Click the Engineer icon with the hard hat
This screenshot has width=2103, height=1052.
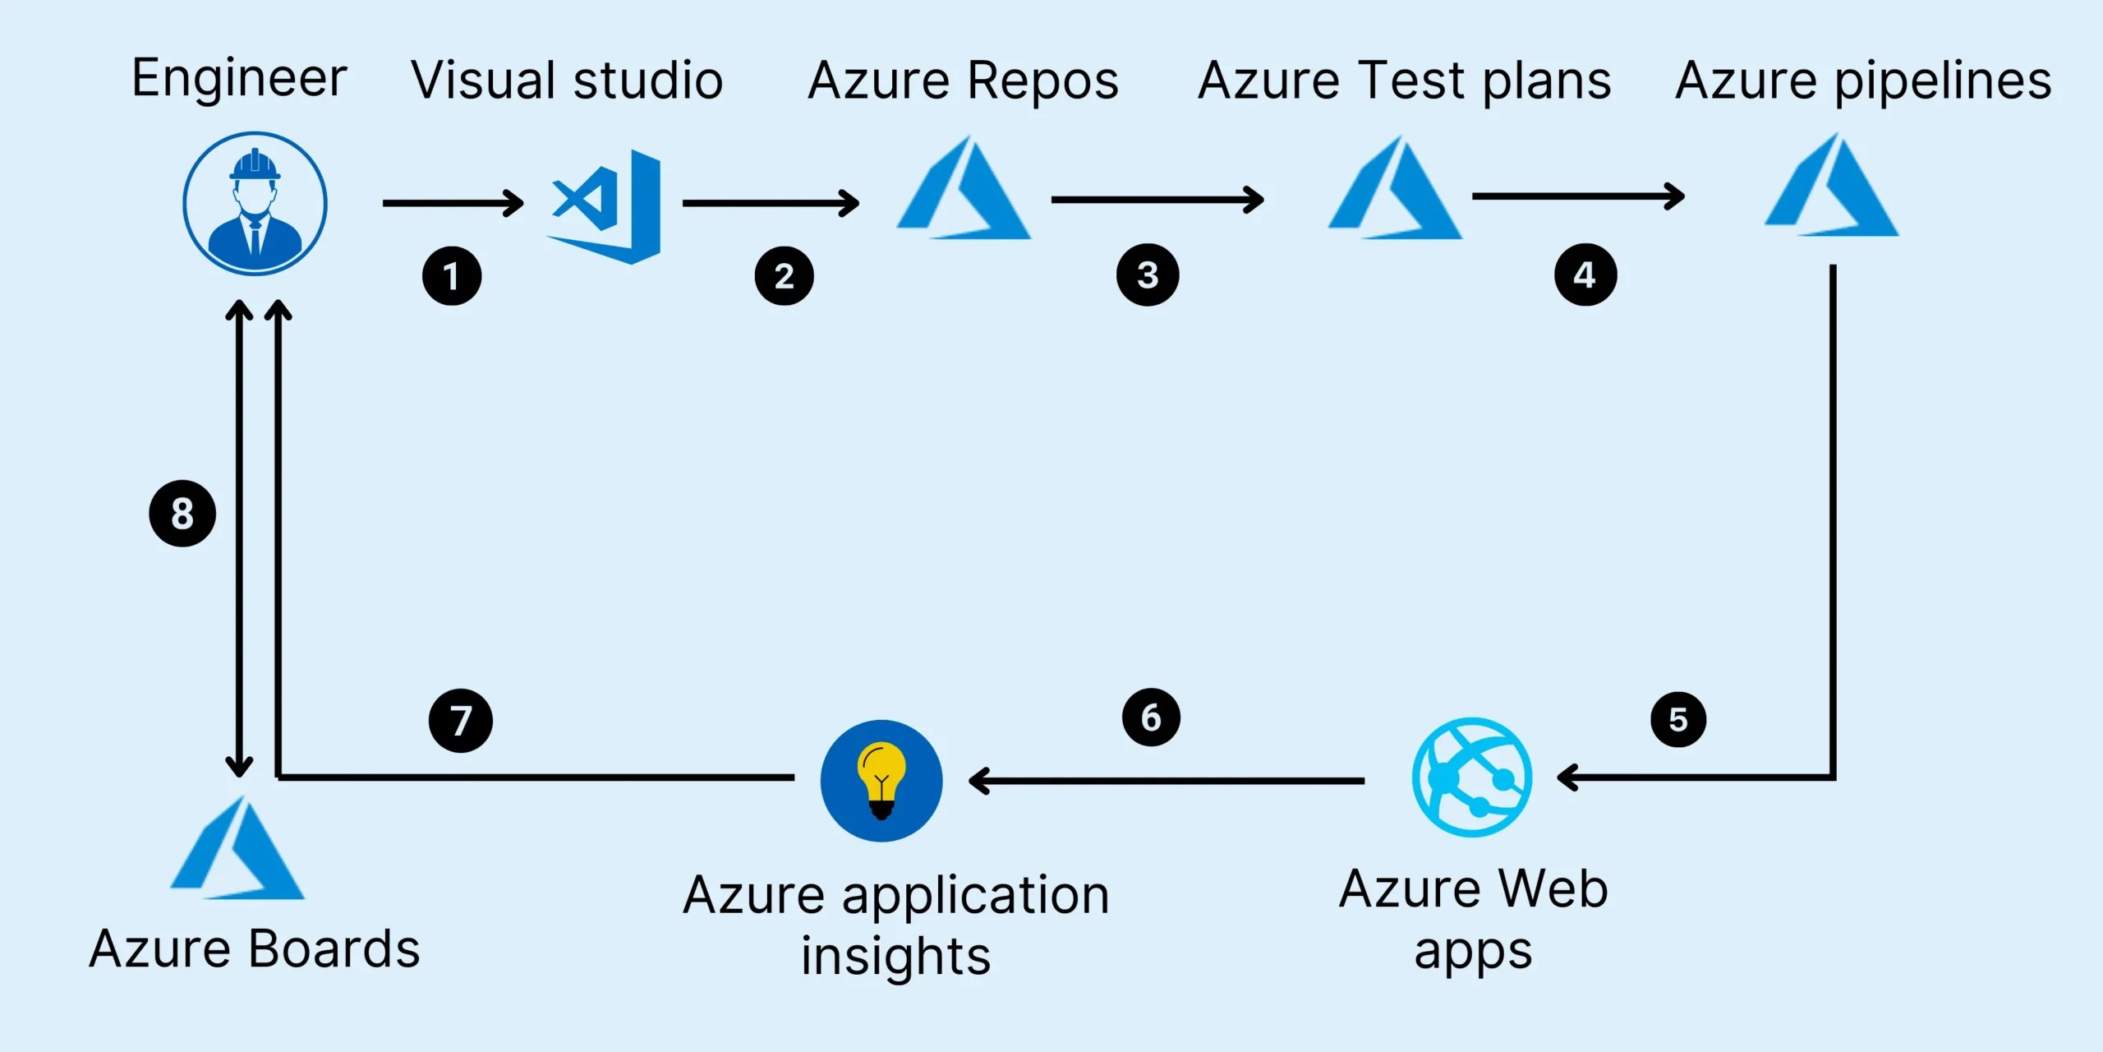pyautogui.click(x=255, y=203)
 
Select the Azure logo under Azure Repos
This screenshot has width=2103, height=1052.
pyautogui.click(x=964, y=191)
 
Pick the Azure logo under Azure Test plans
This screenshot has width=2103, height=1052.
pyautogui.click(x=1395, y=191)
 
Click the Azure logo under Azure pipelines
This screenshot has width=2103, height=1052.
pyautogui.click(x=1831, y=187)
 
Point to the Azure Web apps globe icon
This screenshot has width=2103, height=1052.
pyautogui.click(x=1472, y=777)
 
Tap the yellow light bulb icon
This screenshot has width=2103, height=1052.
pyautogui.click(x=881, y=781)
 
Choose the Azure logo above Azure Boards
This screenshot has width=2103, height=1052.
pyautogui.click(x=237, y=850)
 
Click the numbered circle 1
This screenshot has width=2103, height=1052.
pyautogui.click(x=452, y=276)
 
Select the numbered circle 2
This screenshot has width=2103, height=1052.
pyautogui.click(x=785, y=276)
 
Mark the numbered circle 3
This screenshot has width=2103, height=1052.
pyautogui.click(x=1148, y=275)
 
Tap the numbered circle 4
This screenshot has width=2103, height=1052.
pyautogui.click(x=1585, y=275)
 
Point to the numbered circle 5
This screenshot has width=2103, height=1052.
pyautogui.click(x=1678, y=720)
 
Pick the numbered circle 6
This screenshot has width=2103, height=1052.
pyautogui.click(x=1151, y=717)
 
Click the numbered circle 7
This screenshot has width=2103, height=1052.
pyautogui.click(x=461, y=721)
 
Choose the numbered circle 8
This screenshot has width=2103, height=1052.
pyautogui.click(x=182, y=514)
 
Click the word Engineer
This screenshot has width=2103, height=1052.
pyautogui.click(x=239, y=79)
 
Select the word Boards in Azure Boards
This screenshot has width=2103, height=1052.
pyautogui.click(x=334, y=949)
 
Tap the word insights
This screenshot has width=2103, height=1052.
pyautogui.click(x=896, y=957)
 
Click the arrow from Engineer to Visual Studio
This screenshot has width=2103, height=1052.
pyautogui.click(x=453, y=203)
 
